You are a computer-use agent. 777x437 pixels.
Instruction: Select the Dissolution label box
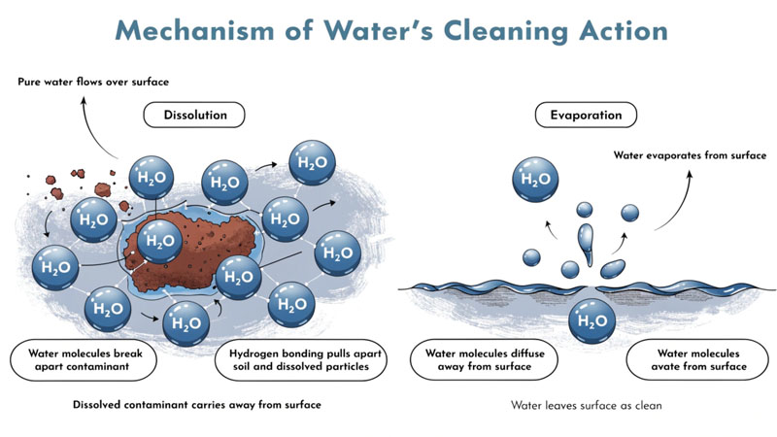coord(193,116)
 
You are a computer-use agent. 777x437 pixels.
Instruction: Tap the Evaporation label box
coord(586,116)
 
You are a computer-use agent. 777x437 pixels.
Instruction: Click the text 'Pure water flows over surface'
coord(93,81)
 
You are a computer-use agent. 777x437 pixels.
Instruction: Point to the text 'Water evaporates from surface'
coord(690,154)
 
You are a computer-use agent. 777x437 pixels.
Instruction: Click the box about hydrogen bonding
coord(300,359)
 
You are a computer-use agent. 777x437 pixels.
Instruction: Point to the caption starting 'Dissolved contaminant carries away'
coord(197,404)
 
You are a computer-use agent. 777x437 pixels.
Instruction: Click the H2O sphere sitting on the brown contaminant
coord(158,240)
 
